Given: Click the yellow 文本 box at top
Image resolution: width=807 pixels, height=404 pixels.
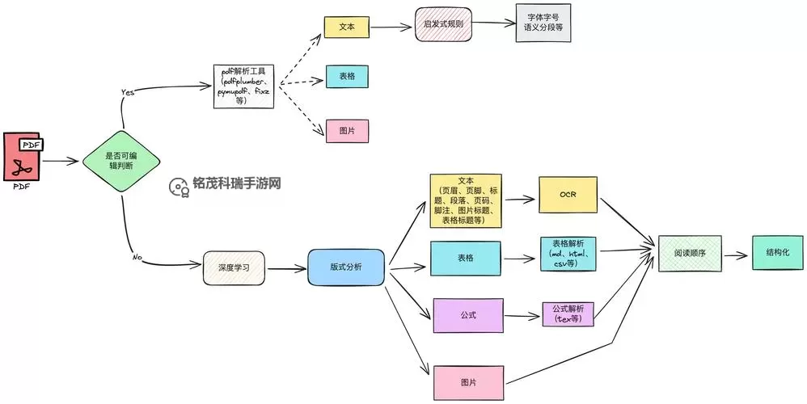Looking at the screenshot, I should pos(347,27).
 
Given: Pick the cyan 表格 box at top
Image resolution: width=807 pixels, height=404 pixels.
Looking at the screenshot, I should pos(347,77).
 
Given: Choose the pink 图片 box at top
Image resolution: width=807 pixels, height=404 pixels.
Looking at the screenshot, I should pos(347,130).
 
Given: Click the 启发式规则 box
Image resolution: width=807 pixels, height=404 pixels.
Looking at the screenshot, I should pos(442,25).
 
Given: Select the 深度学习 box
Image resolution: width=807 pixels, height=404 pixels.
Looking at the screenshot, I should pos(234,267).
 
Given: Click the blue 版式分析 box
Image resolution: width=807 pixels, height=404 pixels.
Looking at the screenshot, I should pos(346,267).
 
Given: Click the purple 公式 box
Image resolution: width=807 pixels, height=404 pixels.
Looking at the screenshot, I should pos(468,315).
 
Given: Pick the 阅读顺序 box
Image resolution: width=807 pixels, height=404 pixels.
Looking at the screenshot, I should pos(690,253).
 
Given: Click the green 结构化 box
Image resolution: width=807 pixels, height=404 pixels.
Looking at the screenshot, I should pos(778,252).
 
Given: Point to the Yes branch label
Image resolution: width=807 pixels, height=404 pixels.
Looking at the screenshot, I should pos(127,91).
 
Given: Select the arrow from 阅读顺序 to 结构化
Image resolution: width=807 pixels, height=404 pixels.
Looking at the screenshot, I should pos(737,254).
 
